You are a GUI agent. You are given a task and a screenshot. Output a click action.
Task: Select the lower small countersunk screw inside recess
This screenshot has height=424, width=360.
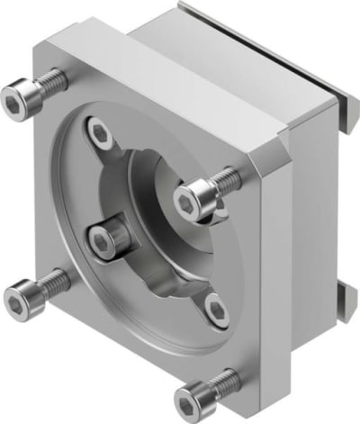pyautogui.click(x=215, y=311)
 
